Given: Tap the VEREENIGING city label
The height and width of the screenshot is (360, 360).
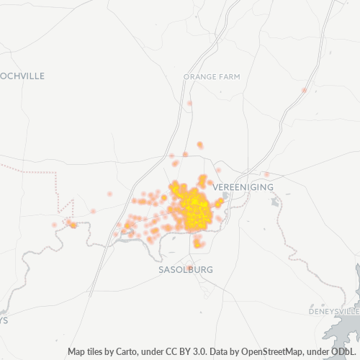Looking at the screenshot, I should pos(244,186).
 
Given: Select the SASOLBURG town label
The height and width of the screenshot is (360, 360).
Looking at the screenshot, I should pos(186,269).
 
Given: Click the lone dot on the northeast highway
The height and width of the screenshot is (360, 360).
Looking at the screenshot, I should pos(305,90).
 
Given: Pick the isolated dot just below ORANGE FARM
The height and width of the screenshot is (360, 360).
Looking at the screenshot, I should pos(189,103).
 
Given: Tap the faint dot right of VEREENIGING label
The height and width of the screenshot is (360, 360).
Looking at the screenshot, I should pos(266,174).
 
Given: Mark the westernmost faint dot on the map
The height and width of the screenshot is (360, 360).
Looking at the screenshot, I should pos(54,225).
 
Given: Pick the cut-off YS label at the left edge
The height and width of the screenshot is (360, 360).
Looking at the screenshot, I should pos(4,320).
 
